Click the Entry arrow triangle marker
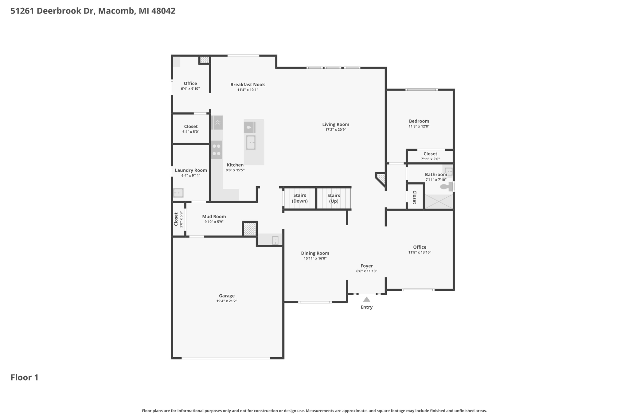pyautogui.click(x=366, y=299)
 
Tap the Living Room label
pyautogui.click(x=336, y=124)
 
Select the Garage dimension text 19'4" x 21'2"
pyautogui.click(x=227, y=301)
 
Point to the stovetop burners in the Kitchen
pyautogui.click(x=217, y=150)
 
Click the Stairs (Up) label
pyautogui.click(x=334, y=198)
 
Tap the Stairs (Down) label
pyautogui.click(x=299, y=198)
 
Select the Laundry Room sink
pyautogui.click(x=178, y=193)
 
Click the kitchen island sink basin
pyautogui.click(x=251, y=142)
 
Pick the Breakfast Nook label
pyautogui.click(x=248, y=84)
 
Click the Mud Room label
pyautogui.click(x=214, y=216)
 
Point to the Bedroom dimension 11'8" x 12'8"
pyautogui.click(x=419, y=126)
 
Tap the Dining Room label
pyautogui.click(x=315, y=253)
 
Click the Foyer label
pyautogui.click(x=367, y=266)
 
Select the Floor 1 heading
pyautogui.click(x=25, y=378)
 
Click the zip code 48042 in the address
pyautogui.click(x=163, y=11)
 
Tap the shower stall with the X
pyautogui.click(x=439, y=202)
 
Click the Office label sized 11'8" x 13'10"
pyautogui.click(x=420, y=247)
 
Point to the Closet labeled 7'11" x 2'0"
pyautogui.click(x=430, y=154)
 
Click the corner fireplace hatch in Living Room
pyautogui.click(x=381, y=178)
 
